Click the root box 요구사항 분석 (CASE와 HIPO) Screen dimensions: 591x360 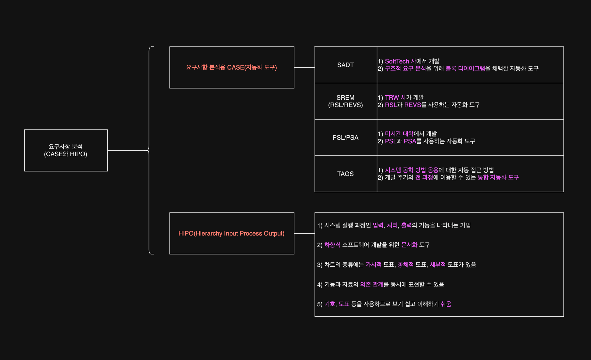click(66, 150)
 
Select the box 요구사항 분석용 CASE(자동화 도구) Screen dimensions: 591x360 click(231, 67)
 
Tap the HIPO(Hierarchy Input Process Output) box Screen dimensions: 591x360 click(231, 233)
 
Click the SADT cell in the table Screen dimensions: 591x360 click(346, 65)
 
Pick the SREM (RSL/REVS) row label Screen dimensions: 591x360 click(346, 101)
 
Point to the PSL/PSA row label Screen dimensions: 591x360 click(346, 138)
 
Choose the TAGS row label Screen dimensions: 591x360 click(346, 174)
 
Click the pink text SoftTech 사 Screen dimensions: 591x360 click(400, 61)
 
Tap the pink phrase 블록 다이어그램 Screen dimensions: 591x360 click(465, 69)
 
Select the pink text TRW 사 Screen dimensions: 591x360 click(395, 98)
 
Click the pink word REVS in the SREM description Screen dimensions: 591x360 click(412, 105)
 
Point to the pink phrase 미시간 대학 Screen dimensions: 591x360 click(399, 134)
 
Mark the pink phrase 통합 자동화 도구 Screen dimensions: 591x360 click(498, 178)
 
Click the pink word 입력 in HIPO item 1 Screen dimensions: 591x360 click(378, 225)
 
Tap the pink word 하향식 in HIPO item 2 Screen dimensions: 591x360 click(332, 245)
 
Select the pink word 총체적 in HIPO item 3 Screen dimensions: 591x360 click(406, 265)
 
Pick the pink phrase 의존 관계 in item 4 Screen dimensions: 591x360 click(371, 285)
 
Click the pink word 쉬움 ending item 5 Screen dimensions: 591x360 click(446, 304)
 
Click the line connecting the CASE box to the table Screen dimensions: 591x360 click(304, 67)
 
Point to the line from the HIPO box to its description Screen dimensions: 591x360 click(304, 233)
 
